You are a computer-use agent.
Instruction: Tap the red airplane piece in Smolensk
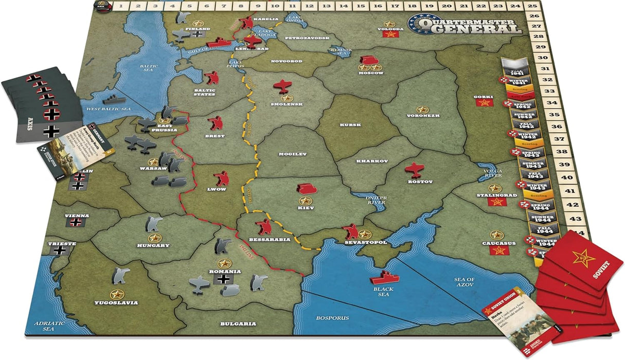point(282,86)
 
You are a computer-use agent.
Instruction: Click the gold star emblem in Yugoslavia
point(118,294)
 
